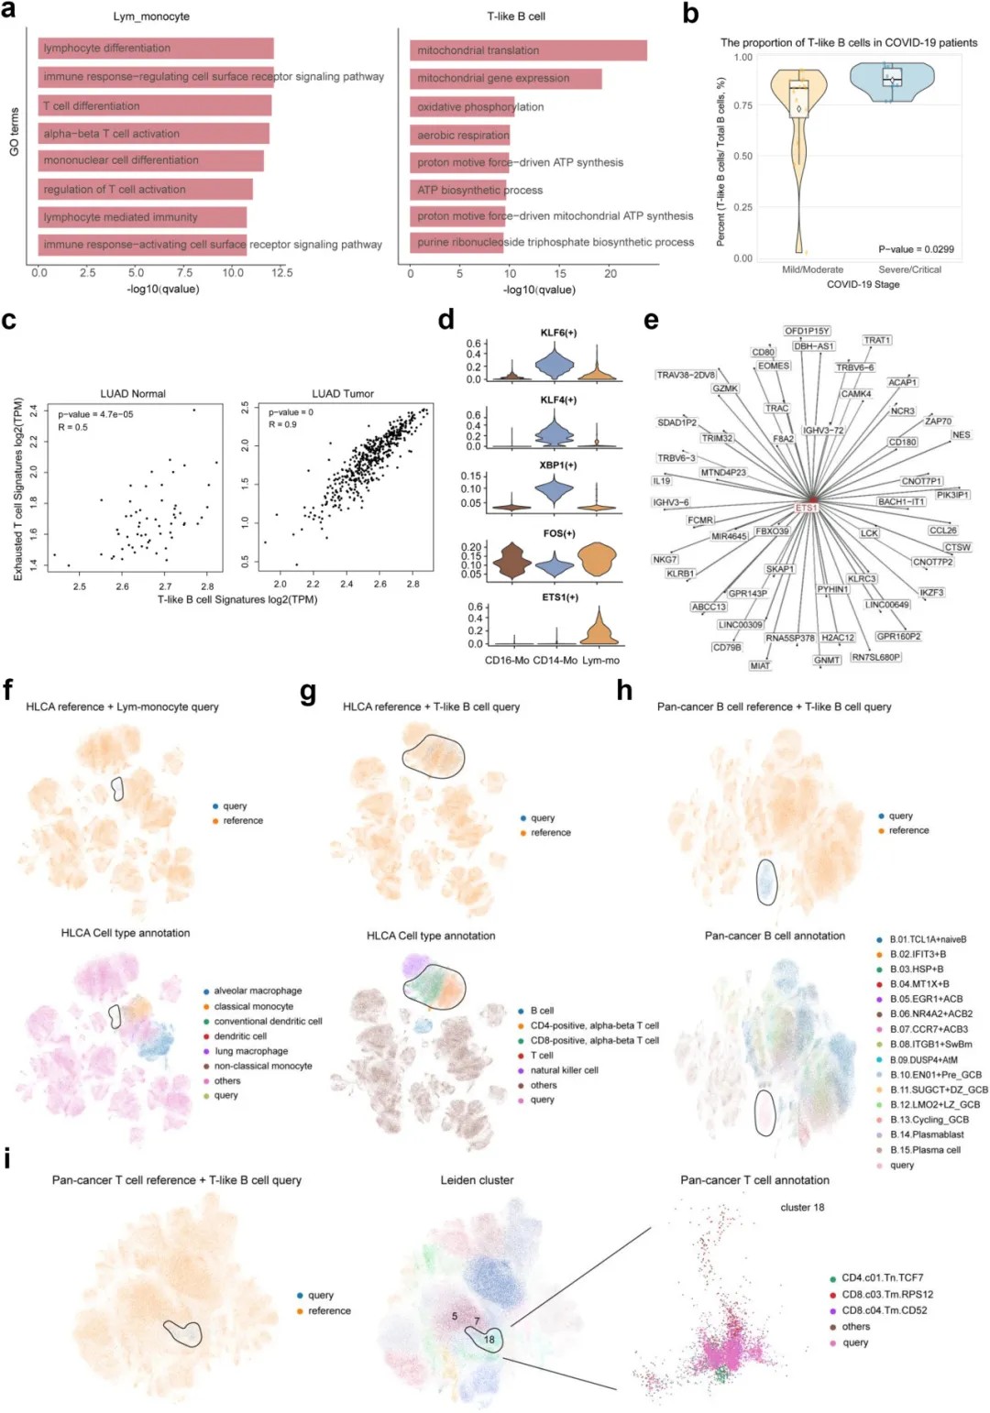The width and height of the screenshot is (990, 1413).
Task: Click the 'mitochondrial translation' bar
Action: [x=527, y=50]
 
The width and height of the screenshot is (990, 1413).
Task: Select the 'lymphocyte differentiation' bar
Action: [x=156, y=49]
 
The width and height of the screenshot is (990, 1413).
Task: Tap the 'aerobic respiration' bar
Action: [x=459, y=135]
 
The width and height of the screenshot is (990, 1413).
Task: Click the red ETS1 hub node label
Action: [x=807, y=508]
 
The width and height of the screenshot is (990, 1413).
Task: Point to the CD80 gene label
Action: [x=764, y=352]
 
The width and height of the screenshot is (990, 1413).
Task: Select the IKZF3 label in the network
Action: [x=931, y=593]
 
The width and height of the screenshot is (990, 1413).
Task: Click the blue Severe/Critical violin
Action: [x=892, y=81]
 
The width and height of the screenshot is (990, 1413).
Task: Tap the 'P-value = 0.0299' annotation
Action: [x=916, y=249]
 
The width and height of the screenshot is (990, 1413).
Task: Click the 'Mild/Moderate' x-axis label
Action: [x=812, y=269]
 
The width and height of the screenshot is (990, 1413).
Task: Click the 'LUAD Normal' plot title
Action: [x=133, y=394]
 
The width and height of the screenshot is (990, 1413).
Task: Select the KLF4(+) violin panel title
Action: [x=558, y=400]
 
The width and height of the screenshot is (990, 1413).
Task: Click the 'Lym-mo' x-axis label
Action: [x=600, y=661]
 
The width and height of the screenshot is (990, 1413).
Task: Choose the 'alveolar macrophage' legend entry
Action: [x=258, y=991]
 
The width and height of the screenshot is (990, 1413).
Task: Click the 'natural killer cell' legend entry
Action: [x=564, y=1070]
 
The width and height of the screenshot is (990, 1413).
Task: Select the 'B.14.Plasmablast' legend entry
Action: [x=927, y=1134]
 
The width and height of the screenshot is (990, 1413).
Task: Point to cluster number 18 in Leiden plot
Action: [x=489, y=1340]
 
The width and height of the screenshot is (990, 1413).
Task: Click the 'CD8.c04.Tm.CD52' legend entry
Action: [x=884, y=1310]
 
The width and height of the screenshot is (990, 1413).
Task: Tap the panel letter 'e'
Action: [x=651, y=320]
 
